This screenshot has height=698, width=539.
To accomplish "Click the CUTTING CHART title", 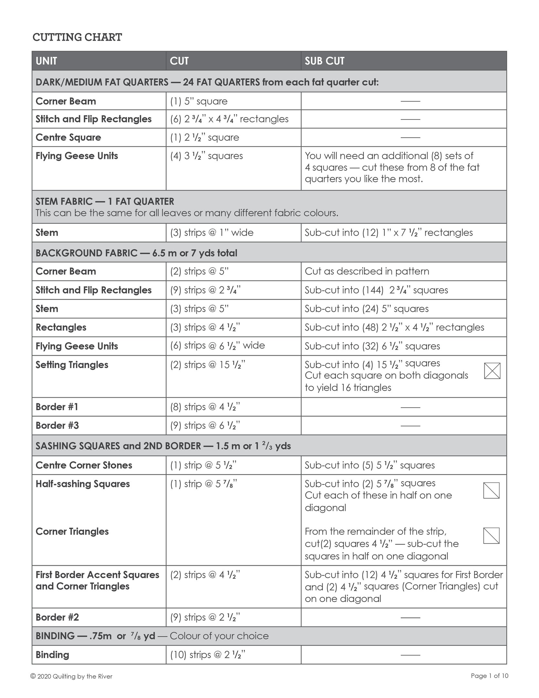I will (x=77, y=37).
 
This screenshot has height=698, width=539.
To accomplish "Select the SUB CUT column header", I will (x=325, y=61).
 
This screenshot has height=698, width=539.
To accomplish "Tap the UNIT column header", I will (x=46, y=61).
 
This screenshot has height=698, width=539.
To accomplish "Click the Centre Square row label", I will (x=68, y=137).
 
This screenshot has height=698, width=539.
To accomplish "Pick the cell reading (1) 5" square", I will (x=199, y=101).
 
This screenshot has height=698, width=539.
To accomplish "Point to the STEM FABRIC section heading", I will (x=105, y=201).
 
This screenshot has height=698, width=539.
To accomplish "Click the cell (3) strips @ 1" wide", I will (x=212, y=232).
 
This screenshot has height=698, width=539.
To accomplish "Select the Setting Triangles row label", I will (x=72, y=365).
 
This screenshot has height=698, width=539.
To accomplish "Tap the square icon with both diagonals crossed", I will (x=492, y=371).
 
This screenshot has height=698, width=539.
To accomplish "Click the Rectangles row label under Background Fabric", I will (x=61, y=327).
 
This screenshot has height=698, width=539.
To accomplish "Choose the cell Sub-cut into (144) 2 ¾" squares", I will (x=376, y=290).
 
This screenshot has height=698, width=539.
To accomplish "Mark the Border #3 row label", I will (x=57, y=426).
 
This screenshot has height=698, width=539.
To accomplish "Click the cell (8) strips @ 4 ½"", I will (x=205, y=407).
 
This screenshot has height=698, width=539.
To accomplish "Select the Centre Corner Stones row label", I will (x=84, y=465).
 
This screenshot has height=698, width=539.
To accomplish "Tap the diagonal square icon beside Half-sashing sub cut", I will (x=491, y=490).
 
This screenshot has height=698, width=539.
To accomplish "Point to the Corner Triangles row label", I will (x=72, y=531).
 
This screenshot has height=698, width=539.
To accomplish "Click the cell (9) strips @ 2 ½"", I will (x=205, y=617).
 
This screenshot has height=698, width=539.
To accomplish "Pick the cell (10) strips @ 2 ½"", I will (x=208, y=655).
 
